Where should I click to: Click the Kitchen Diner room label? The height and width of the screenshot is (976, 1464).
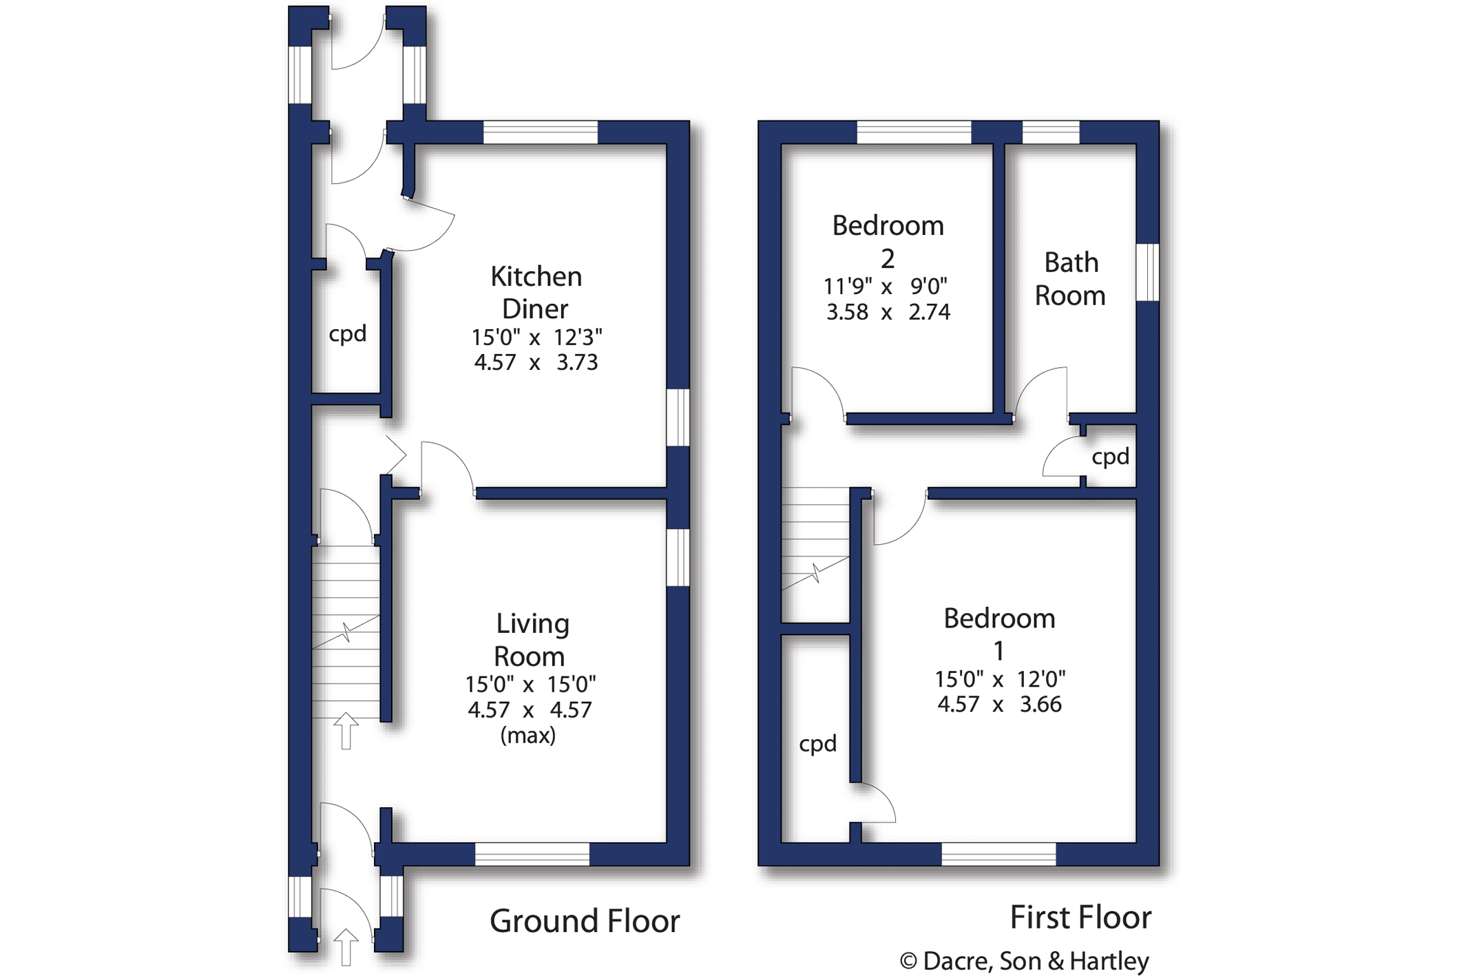[536, 292]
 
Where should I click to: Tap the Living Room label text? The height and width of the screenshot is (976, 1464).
[531, 640]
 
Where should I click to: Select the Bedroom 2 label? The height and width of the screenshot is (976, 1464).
[888, 241]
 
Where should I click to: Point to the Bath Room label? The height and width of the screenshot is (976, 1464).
[1070, 279]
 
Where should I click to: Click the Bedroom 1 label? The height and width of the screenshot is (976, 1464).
[999, 634]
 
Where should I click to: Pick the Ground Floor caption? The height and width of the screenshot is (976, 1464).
[585, 921]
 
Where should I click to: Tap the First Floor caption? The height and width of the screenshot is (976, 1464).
[1080, 917]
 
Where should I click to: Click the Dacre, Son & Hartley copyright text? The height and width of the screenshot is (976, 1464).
[1025, 961]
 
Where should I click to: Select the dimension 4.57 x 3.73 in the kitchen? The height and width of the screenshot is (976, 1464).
[536, 362]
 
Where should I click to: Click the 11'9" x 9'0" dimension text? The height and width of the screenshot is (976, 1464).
[886, 286]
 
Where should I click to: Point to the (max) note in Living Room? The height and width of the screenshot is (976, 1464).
[528, 736]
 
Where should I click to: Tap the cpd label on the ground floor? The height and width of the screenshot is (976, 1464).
[348, 334]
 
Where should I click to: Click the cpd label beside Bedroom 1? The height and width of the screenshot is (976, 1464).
[817, 744]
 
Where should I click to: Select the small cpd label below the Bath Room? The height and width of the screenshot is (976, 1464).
[1110, 457]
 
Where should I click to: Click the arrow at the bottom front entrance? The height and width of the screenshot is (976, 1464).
[346, 947]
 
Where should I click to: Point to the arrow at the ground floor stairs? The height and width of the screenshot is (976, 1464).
[346, 731]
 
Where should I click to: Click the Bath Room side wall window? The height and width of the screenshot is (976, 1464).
[1147, 272]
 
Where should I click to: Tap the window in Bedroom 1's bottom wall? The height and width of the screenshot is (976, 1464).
[998, 854]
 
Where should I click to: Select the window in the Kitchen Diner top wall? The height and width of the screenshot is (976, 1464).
[541, 132]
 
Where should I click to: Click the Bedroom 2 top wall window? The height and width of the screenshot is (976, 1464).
[914, 132]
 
